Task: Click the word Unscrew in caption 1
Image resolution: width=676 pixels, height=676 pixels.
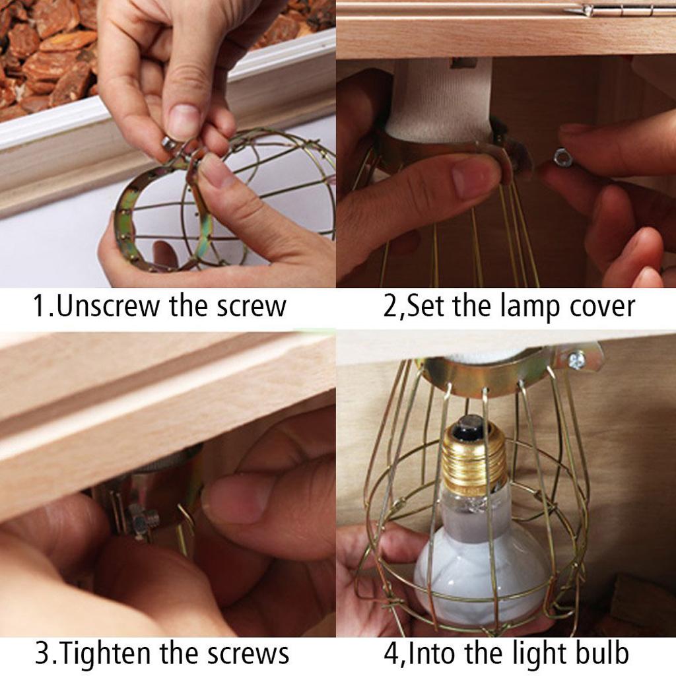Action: (x=108, y=306)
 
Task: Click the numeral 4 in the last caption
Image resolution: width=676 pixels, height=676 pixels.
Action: (x=391, y=653)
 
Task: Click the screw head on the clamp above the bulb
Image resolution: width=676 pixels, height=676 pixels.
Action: (x=576, y=360)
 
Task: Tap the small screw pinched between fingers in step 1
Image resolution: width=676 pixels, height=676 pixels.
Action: (x=169, y=143)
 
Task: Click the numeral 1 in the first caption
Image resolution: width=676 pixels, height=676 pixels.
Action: (x=39, y=306)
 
